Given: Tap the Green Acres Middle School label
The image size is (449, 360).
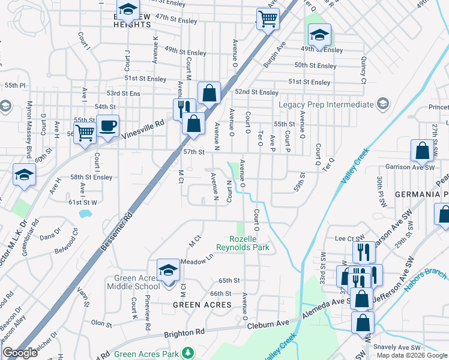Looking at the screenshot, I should coord(137,282).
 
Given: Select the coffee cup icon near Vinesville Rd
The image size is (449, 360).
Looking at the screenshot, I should coord(108,127).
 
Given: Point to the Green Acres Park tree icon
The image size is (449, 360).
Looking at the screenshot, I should coord(188,352).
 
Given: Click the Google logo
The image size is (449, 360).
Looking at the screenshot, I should coord(20,353).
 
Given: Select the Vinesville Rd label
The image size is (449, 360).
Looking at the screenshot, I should coord(143,126).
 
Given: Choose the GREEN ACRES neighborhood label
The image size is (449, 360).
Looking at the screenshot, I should coord(202,305).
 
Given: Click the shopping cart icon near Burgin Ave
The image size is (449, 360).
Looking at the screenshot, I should coord(267,19).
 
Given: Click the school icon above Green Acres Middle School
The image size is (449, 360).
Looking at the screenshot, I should coord(168,270).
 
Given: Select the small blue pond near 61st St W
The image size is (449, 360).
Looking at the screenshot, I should coord(85,213).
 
